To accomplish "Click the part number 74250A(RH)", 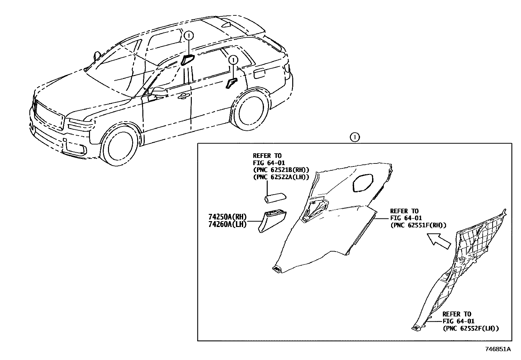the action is pyautogui.click(x=227, y=217).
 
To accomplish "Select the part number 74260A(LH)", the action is pyautogui.click(x=227, y=224).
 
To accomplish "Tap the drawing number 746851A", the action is pyautogui.click(x=497, y=349).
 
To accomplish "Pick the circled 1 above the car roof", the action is pyautogui.click(x=189, y=35).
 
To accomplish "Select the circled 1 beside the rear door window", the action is pyautogui.click(x=233, y=60).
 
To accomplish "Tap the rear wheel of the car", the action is pyautogui.click(x=251, y=112).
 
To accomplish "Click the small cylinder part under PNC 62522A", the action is pyautogui.click(x=275, y=198).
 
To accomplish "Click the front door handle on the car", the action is pyautogui.click(x=184, y=96).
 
